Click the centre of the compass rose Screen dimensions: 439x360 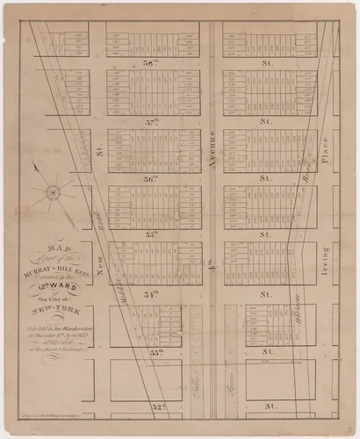52,191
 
